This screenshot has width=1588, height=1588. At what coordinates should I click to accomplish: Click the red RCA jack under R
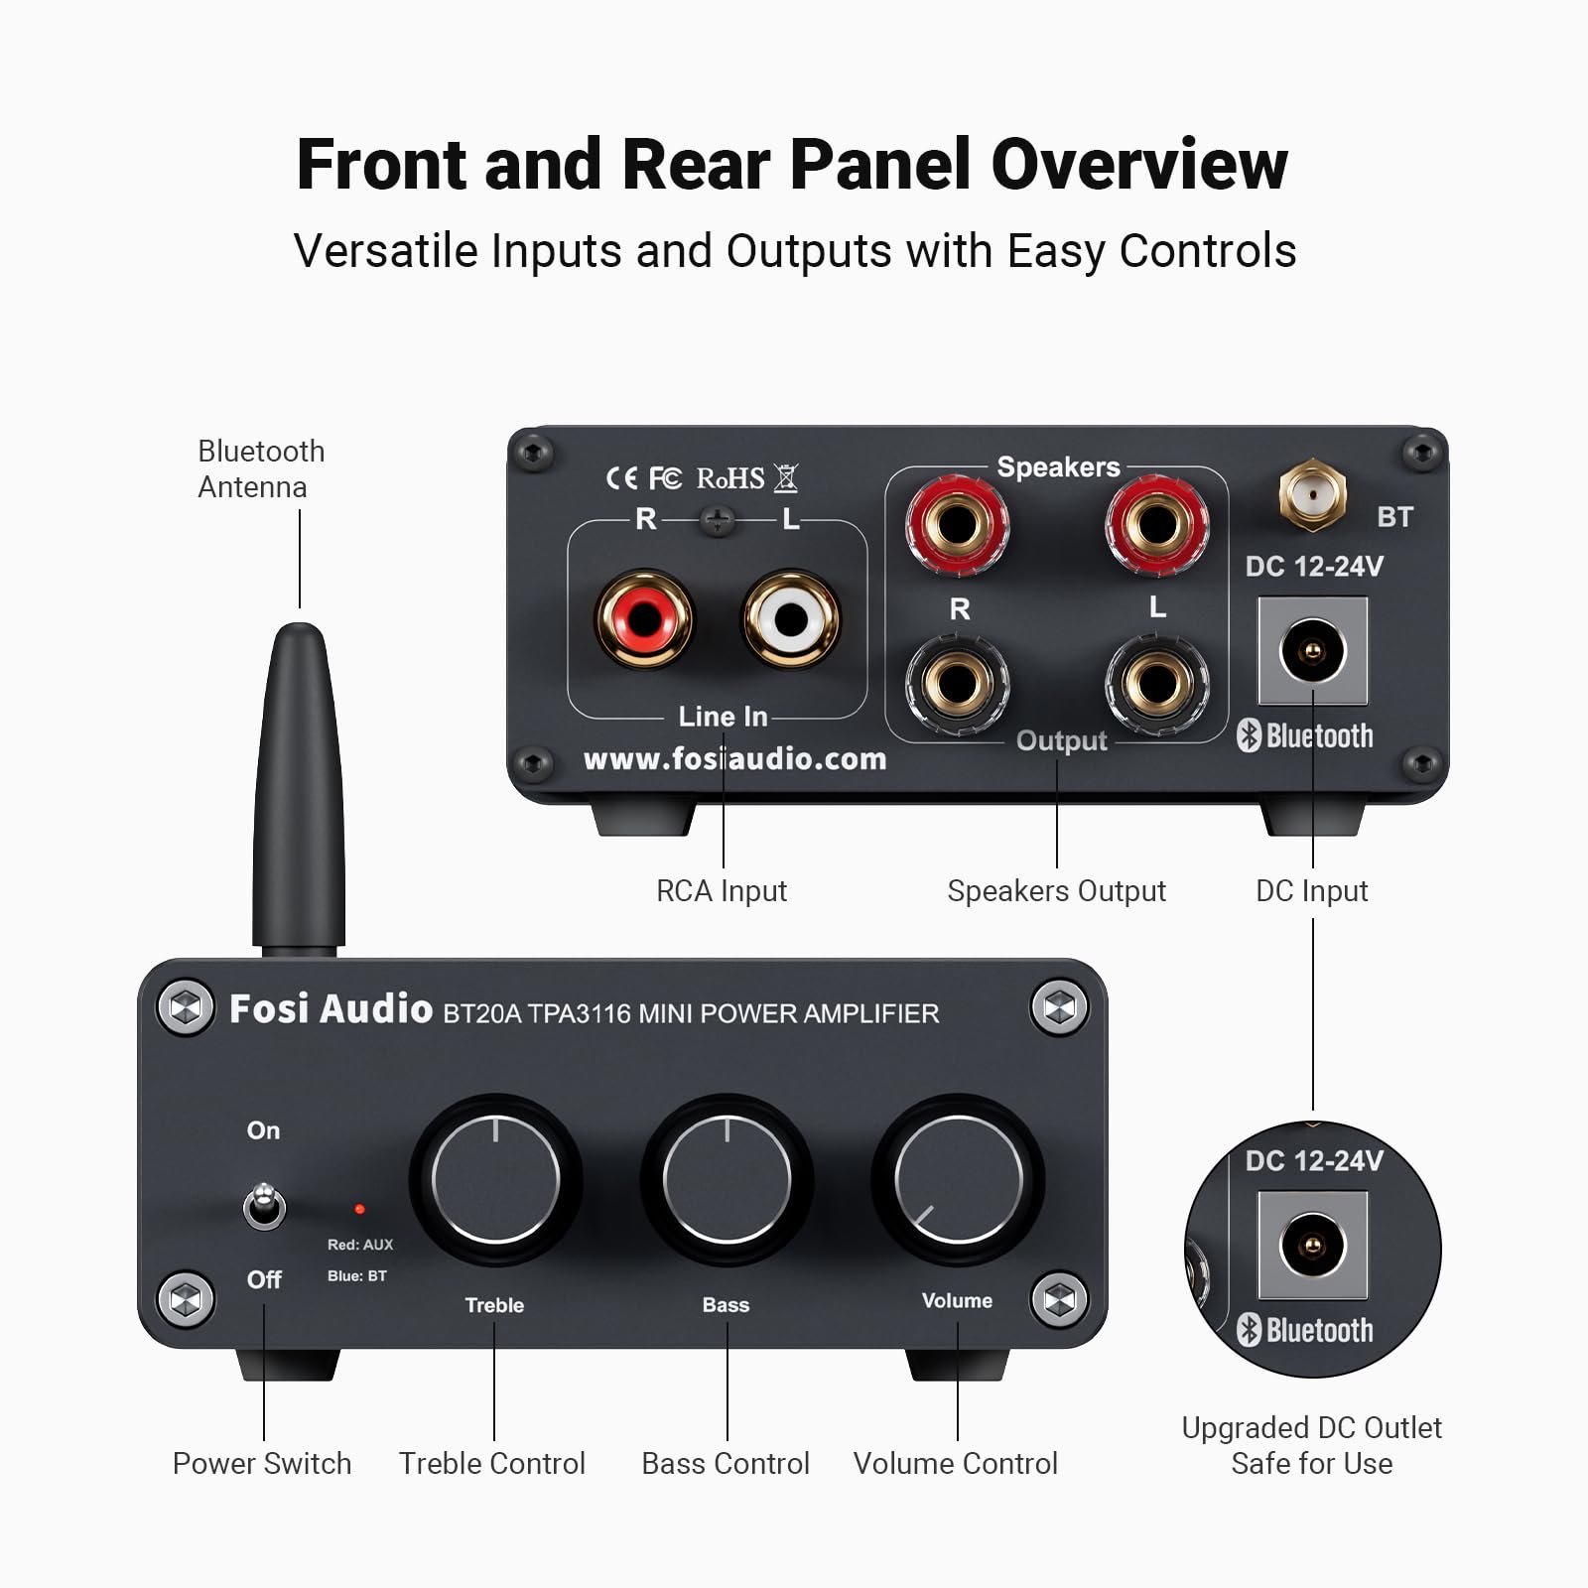[x=644, y=618]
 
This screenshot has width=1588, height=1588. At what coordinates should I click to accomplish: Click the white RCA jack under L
[x=791, y=618]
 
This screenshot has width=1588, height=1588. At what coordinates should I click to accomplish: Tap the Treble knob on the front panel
[x=495, y=1179]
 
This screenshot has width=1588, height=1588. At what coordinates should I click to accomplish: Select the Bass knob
[x=727, y=1179]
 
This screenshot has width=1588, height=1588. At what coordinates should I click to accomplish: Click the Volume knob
[x=958, y=1179]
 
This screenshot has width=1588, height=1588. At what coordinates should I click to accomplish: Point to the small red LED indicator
[x=359, y=1209]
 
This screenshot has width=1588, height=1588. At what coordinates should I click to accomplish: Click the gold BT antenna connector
[x=1312, y=492]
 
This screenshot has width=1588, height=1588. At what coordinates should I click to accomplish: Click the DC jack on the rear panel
[x=1312, y=651]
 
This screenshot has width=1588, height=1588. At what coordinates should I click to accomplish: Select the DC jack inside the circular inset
[x=1312, y=1246]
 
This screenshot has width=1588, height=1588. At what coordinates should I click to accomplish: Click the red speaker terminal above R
[x=957, y=523]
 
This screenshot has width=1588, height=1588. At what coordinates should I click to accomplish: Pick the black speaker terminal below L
[x=1156, y=683]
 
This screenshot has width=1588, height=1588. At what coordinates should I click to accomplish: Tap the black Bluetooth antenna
[x=299, y=784]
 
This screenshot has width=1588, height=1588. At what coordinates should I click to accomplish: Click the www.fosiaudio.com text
[x=734, y=759]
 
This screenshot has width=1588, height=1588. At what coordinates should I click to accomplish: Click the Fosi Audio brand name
[x=331, y=1009]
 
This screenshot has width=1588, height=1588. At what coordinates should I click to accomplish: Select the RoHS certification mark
[x=730, y=478]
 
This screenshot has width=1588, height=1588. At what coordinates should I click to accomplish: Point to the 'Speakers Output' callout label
[x=1056, y=891]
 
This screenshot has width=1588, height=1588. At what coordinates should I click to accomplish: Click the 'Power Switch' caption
[x=262, y=1464]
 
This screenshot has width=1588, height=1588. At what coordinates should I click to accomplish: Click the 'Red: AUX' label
[x=360, y=1245]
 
